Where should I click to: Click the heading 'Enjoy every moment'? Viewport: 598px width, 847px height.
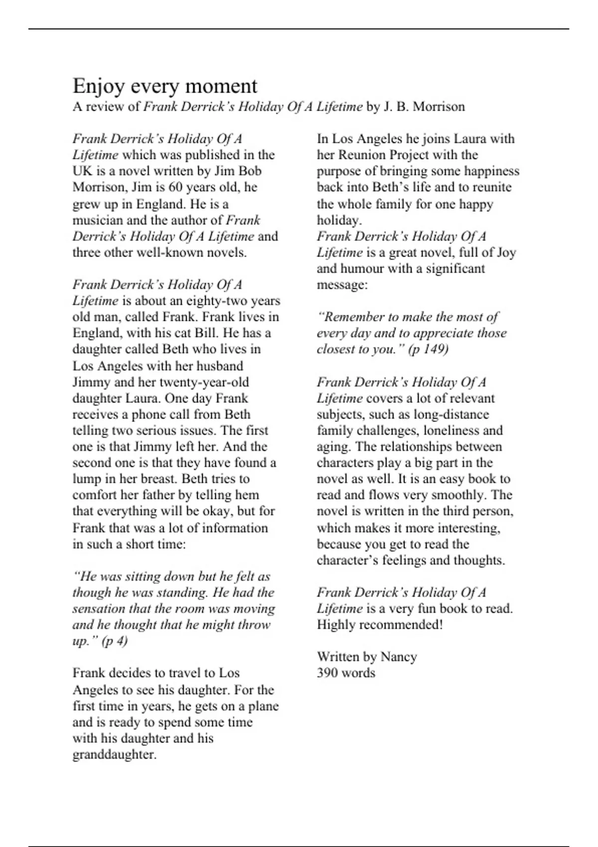(x=165, y=86)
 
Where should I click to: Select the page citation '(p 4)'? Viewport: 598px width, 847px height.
(x=115, y=641)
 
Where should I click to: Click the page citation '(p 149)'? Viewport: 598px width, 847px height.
(x=429, y=349)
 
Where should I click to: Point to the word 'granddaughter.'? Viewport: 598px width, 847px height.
(x=115, y=754)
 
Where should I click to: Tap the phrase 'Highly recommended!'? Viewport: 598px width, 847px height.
(x=380, y=625)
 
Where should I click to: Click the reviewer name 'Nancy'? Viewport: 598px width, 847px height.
(x=399, y=657)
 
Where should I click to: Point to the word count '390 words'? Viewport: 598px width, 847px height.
(x=346, y=673)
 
